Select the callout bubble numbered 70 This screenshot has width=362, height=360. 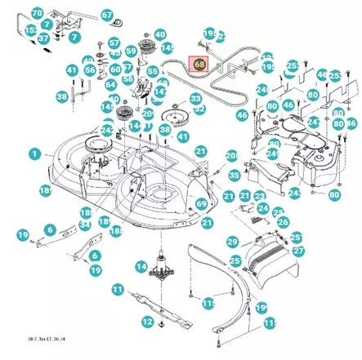pyautogui.click(x=37, y=13)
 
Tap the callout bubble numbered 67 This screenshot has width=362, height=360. pyautogui.click(x=107, y=16)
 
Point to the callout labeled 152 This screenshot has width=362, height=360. pyautogui.click(x=30, y=30)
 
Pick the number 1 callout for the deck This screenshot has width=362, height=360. pyautogui.click(x=34, y=153)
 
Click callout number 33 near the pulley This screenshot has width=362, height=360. pyautogui.click(x=196, y=99)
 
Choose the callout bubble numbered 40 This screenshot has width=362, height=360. pyautogui.click(x=159, y=35)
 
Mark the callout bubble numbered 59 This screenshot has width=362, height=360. pyautogui.click(x=131, y=51)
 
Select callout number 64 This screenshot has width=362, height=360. pyautogui.click(x=111, y=84)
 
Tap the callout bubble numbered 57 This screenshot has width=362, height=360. pyautogui.click(x=114, y=42)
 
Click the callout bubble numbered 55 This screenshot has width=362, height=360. pyautogui.click(x=152, y=73)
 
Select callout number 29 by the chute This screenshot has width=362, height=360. pyautogui.click(x=232, y=242)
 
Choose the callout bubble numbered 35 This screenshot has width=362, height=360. pyautogui.click(x=234, y=175)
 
